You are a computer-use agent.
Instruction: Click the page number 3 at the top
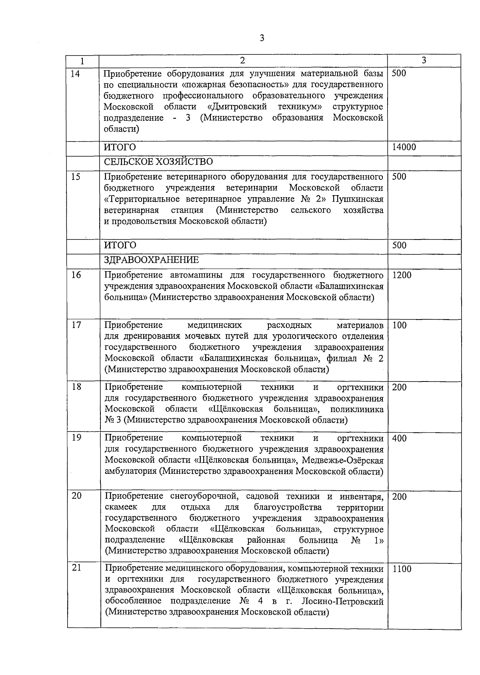coord(262,38)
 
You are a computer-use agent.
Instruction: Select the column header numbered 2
coord(242,60)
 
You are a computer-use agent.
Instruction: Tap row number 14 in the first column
coord(75,74)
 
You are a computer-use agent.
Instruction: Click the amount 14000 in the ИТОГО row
coord(404,147)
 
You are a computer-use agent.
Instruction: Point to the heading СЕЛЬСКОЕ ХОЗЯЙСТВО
coord(158,162)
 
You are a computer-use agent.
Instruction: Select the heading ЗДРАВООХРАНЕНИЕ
coord(152,260)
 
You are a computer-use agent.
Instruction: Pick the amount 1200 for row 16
coord(402,275)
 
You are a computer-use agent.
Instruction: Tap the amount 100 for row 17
coord(399,326)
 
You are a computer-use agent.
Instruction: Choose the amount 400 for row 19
coord(399,438)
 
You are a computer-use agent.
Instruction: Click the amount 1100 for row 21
coord(402,569)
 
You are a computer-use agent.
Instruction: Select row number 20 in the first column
coord(76,496)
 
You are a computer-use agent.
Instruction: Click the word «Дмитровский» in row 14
coord(237,107)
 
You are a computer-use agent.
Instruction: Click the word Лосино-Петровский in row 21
coord(343,601)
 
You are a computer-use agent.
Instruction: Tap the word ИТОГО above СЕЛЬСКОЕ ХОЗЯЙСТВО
coord(120,147)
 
